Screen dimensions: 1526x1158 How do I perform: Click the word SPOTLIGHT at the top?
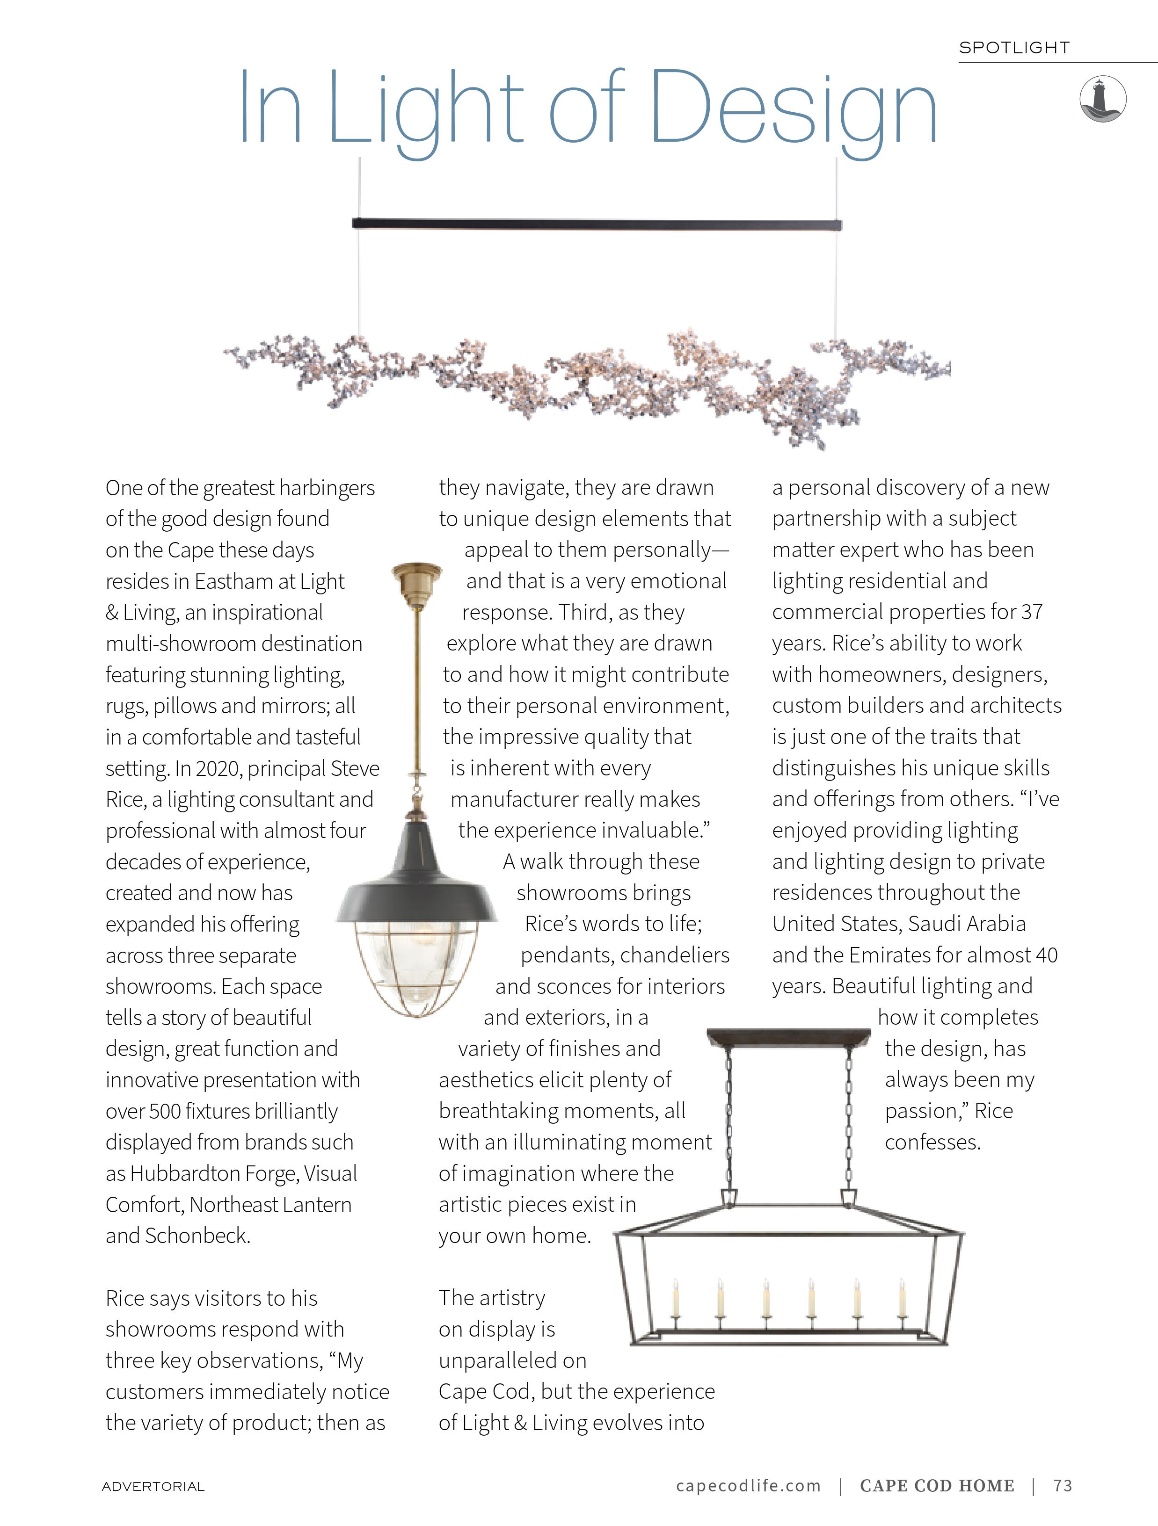(1014, 48)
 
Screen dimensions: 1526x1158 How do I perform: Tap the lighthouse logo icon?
(1103, 99)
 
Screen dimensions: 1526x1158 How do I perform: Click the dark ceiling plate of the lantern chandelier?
(788, 1037)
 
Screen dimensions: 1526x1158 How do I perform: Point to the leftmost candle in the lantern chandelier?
(676, 1301)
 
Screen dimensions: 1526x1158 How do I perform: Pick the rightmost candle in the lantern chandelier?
(902, 1301)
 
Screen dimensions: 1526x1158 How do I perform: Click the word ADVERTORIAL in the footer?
(153, 1486)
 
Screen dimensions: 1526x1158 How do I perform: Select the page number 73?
(1063, 1485)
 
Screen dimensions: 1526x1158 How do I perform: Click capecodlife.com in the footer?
(748, 1485)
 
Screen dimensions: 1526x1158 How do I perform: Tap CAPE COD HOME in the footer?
(937, 1485)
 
